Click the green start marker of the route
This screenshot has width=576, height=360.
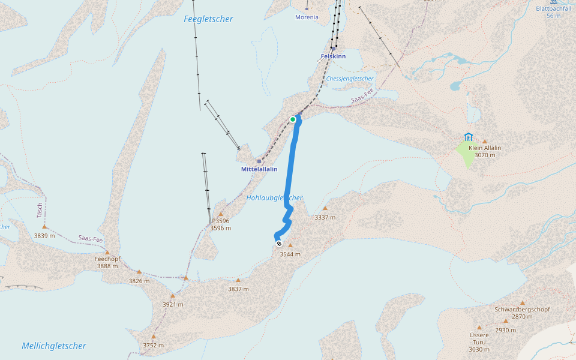tap(293, 119)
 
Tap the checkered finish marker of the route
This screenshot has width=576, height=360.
tap(278, 244)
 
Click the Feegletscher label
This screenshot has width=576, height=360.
tap(208, 19)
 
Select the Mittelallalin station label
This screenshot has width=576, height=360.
tap(259, 169)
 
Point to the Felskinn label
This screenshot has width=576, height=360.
tap(333, 56)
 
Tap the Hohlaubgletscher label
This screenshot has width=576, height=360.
tap(274, 197)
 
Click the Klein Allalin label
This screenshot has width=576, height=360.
tap(485, 148)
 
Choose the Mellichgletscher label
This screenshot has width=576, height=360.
tap(54, 346)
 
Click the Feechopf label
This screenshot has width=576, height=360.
tap(107, 259)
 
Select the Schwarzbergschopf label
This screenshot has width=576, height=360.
tap(522, 309)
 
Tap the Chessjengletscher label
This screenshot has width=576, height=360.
tap(350, 79)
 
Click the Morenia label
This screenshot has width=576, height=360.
tap(307, 17)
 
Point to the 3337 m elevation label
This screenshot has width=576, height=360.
tap(325, 217)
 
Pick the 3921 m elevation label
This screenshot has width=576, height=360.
tap(172, 304)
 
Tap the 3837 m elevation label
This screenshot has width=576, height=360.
tap(238, 289)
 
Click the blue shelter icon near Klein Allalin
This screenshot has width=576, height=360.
tap(468, 137)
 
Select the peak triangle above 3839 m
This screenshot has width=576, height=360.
tap(44, 227)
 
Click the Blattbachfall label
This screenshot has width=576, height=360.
tap(553, 8)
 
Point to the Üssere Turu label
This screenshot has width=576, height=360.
tap(479, 338)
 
